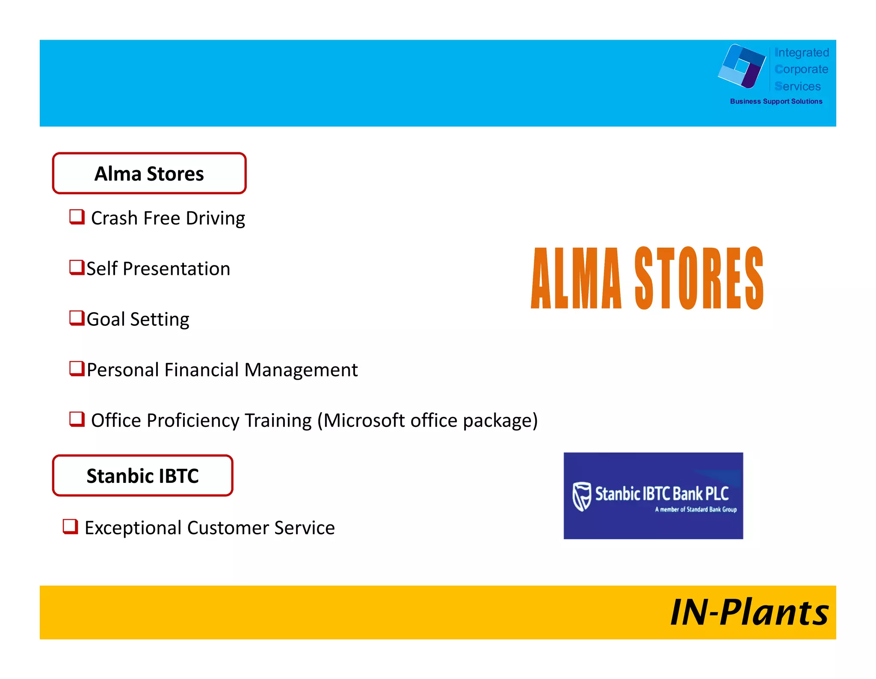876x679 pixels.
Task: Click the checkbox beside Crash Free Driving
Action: [x=77, y=217]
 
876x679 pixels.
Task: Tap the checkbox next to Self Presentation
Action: [x=77, y=268]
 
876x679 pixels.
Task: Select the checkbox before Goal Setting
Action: [x=77, y=318]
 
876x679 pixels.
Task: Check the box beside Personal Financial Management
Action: [x=77, y=369]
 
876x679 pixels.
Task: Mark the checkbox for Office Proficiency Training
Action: [x=77, y=419]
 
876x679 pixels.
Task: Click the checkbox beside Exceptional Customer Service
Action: [x=70, y=527]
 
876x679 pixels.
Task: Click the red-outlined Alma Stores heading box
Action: [x=149, y=173]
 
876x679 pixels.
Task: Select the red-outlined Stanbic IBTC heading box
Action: [x=142, y=476]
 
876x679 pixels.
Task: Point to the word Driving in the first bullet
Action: [x=215, y=218]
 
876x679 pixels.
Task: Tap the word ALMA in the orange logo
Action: [x=576, y=278]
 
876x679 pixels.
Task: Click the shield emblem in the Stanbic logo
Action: [x=582, y=497]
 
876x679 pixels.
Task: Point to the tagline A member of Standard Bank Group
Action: [x=695, y=509]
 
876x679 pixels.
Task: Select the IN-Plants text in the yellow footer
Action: [x=749, y=613]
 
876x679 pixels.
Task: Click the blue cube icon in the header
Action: [x=742, y=66]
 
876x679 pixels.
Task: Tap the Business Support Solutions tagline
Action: [x=776, y=101]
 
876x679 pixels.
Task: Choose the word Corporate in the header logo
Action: [x=802, y=69]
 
